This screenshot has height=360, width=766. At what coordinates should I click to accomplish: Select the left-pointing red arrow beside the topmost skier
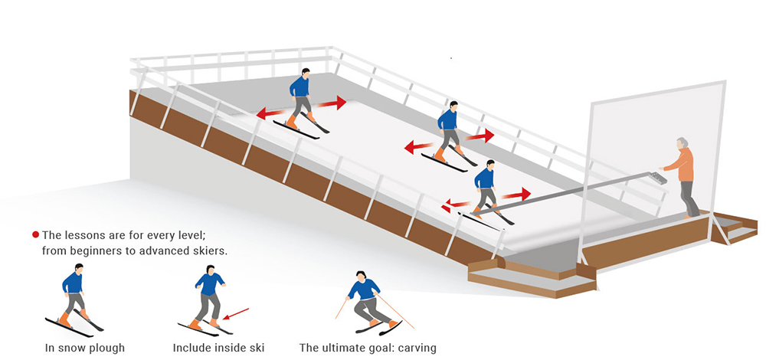(270, 113)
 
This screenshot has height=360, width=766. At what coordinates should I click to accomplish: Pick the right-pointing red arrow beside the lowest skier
(516, 195)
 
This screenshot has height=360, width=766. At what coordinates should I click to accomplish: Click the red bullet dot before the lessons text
(35, 234)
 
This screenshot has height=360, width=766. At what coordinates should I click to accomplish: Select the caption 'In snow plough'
(83, 348)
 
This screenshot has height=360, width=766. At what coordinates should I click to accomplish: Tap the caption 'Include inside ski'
(218, 348)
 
